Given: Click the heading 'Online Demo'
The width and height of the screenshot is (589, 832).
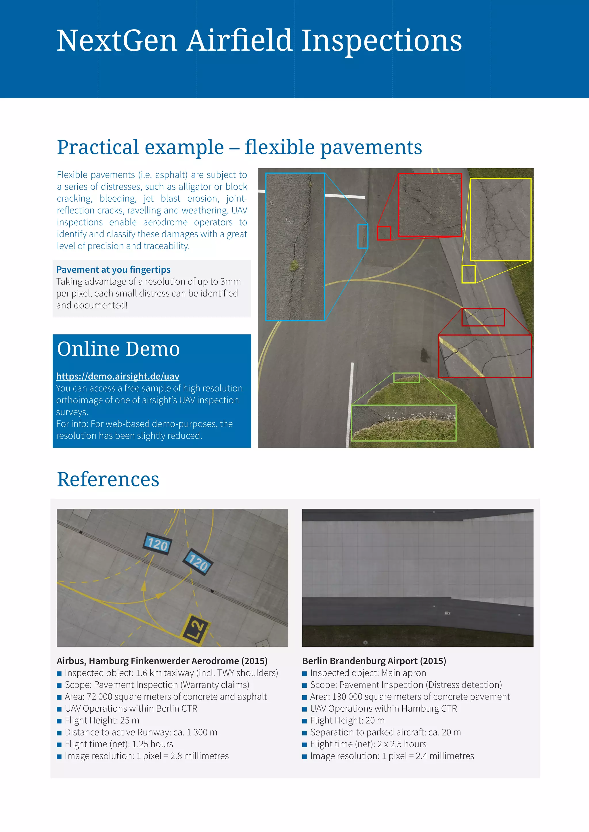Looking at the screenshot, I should coord(118,349).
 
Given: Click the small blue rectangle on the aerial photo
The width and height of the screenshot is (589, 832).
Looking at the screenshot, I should coord(363,236).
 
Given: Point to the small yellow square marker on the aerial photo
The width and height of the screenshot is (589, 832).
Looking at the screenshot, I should coord(468,274).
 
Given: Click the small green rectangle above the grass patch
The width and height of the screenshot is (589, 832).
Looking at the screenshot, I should coord(406,378).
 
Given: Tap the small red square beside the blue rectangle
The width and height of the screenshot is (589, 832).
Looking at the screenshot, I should coord(384,233).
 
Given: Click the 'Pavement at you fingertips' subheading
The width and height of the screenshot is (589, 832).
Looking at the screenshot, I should coord(113,269).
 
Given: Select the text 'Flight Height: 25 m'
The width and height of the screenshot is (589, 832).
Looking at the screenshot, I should coord(102,721).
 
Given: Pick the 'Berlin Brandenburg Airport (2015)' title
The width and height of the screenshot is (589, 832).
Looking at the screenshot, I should coord(374,661).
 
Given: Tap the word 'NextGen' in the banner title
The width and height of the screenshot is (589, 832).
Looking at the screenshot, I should coord(117,41).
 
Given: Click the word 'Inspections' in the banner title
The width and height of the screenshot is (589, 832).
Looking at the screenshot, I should coord(382,41).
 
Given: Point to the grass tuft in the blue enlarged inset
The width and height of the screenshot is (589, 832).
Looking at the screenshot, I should coord(294,266).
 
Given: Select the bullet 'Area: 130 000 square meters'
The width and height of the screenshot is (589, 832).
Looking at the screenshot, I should coord(410,696).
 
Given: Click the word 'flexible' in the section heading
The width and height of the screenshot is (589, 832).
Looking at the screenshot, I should coord(279,147).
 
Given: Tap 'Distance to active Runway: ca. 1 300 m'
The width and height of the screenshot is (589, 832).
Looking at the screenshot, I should coord(141,732).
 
